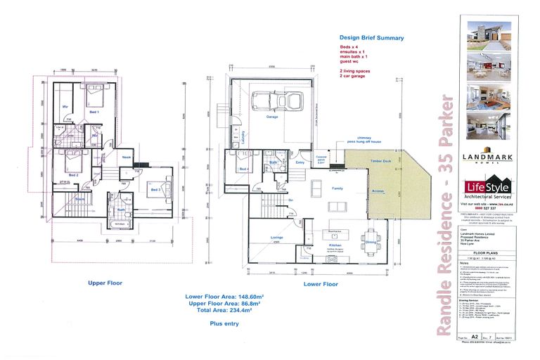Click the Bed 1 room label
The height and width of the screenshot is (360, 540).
pyautogui.click(x=93, y=111)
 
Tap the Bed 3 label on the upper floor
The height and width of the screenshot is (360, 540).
pyautogui.click(x=155, y=189)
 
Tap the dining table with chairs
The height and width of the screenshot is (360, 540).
pyautogui.click(x=370, y=235)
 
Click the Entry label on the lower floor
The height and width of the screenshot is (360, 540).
pyautogui.click(x=301, y=162)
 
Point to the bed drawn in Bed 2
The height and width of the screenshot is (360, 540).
pyautogui.click(x=72, y=167)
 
